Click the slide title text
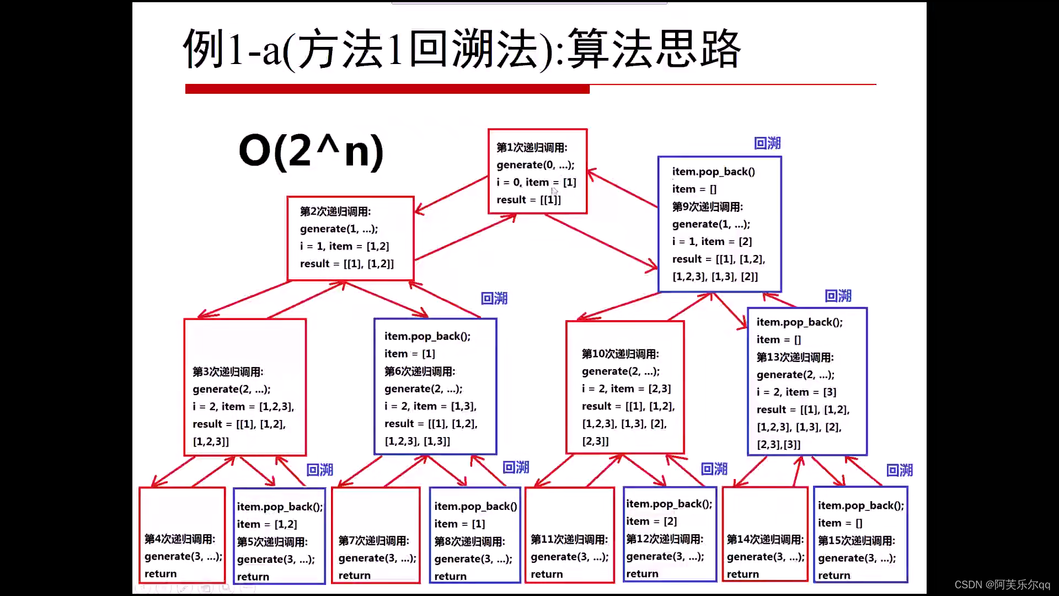click(x=461, y=50)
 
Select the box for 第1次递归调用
click(x=537, y=172)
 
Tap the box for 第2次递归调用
click(x=350, y=238)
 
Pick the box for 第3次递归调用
click(x=245, y=387)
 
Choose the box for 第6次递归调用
click(x=435, y=387)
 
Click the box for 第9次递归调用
click(x=719, y=224)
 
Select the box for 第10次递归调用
click(x=625, y=387)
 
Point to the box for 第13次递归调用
click(x=807, y=382)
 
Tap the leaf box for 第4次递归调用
click(x=182, y=535)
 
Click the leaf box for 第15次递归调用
click(x=860, y=534)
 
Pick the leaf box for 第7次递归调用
click(x=376, y=535)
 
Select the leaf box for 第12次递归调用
click(x=669, y=534)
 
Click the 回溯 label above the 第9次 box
click(x=767, y=143)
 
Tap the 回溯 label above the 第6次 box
click(x=494, y=299)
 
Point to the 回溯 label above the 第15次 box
click(x=900, y=470)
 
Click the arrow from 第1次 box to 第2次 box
click(x=451, y=194)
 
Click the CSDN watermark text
click(x=1002, y=584)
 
